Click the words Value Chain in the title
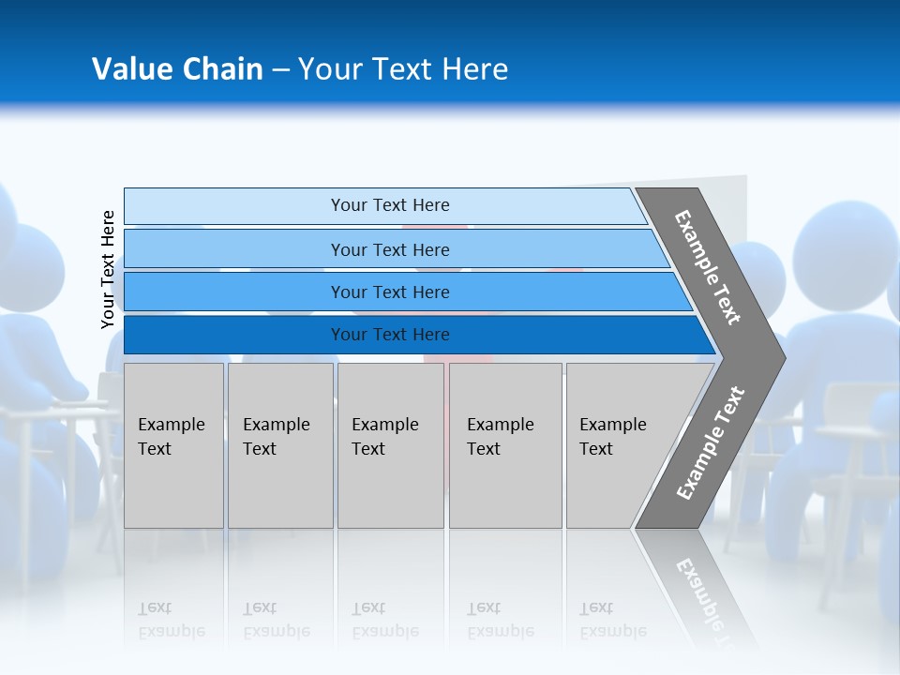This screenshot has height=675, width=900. [x=177, y=69]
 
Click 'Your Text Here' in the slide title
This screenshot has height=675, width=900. [x=403, y=69]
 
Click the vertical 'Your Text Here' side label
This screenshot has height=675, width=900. [x=108, y=269]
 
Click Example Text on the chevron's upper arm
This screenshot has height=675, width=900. [x=708, y=267]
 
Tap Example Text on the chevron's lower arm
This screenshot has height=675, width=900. [x=711, y=443]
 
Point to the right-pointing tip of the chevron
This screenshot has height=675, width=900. [x=780, y=358]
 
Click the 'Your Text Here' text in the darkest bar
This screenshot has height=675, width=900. [x=390, y=335]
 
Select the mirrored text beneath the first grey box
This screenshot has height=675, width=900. [x=172, y=620]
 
